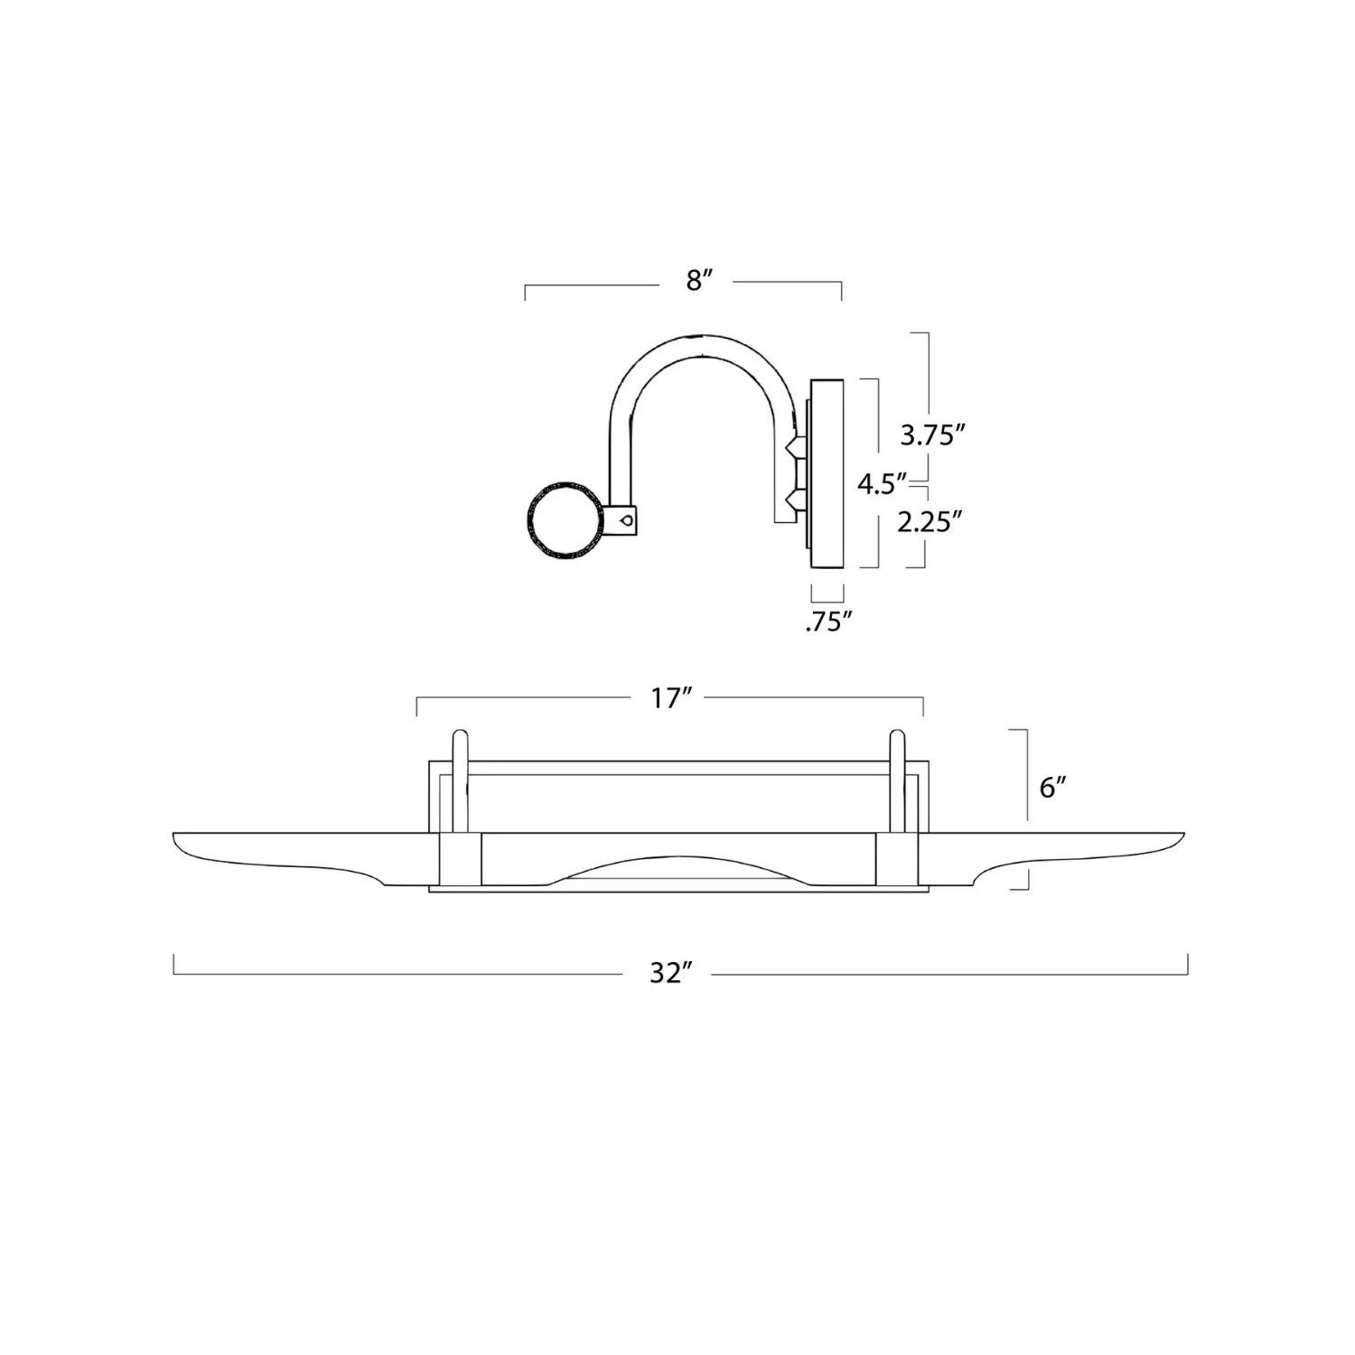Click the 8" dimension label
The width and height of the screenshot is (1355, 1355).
click(694, 281)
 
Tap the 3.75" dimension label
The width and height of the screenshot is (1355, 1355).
click(928, 435)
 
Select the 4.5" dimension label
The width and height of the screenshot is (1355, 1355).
click(882, 484)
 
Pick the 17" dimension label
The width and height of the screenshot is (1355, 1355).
click(670, 698)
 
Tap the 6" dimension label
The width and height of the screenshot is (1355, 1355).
click(1052, 788)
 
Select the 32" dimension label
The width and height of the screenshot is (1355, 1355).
click(670, 973)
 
